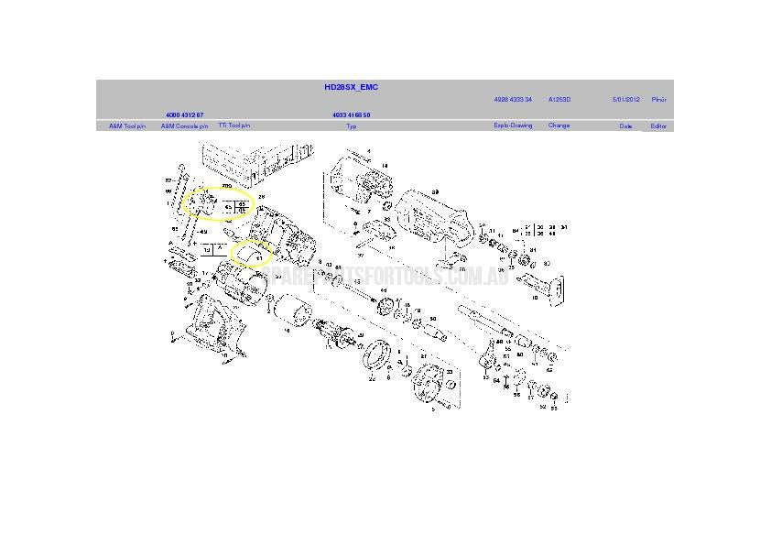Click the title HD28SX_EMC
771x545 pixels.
(x=351, y=87)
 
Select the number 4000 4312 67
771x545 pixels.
(x=184, y=114)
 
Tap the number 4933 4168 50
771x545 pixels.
(x=351, y=114)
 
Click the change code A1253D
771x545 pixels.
(x=559, y=99)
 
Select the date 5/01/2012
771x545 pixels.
(x=626, y=99)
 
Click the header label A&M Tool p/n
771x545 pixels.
(x=127, y=125)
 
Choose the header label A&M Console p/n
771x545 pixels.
(x=184, y=125)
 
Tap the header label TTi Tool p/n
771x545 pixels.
(x=233, y=125)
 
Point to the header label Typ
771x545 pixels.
(x=351, y=125)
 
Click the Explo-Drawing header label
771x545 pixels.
(x=513, y=125)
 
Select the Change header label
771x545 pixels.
(x=559, y=125)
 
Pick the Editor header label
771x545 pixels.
(x=658, y=125)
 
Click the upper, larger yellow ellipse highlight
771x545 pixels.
(x=216, y=203)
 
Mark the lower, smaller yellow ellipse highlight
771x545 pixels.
(x=250, y=253)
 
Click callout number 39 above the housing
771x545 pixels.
(x=436, y=191)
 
